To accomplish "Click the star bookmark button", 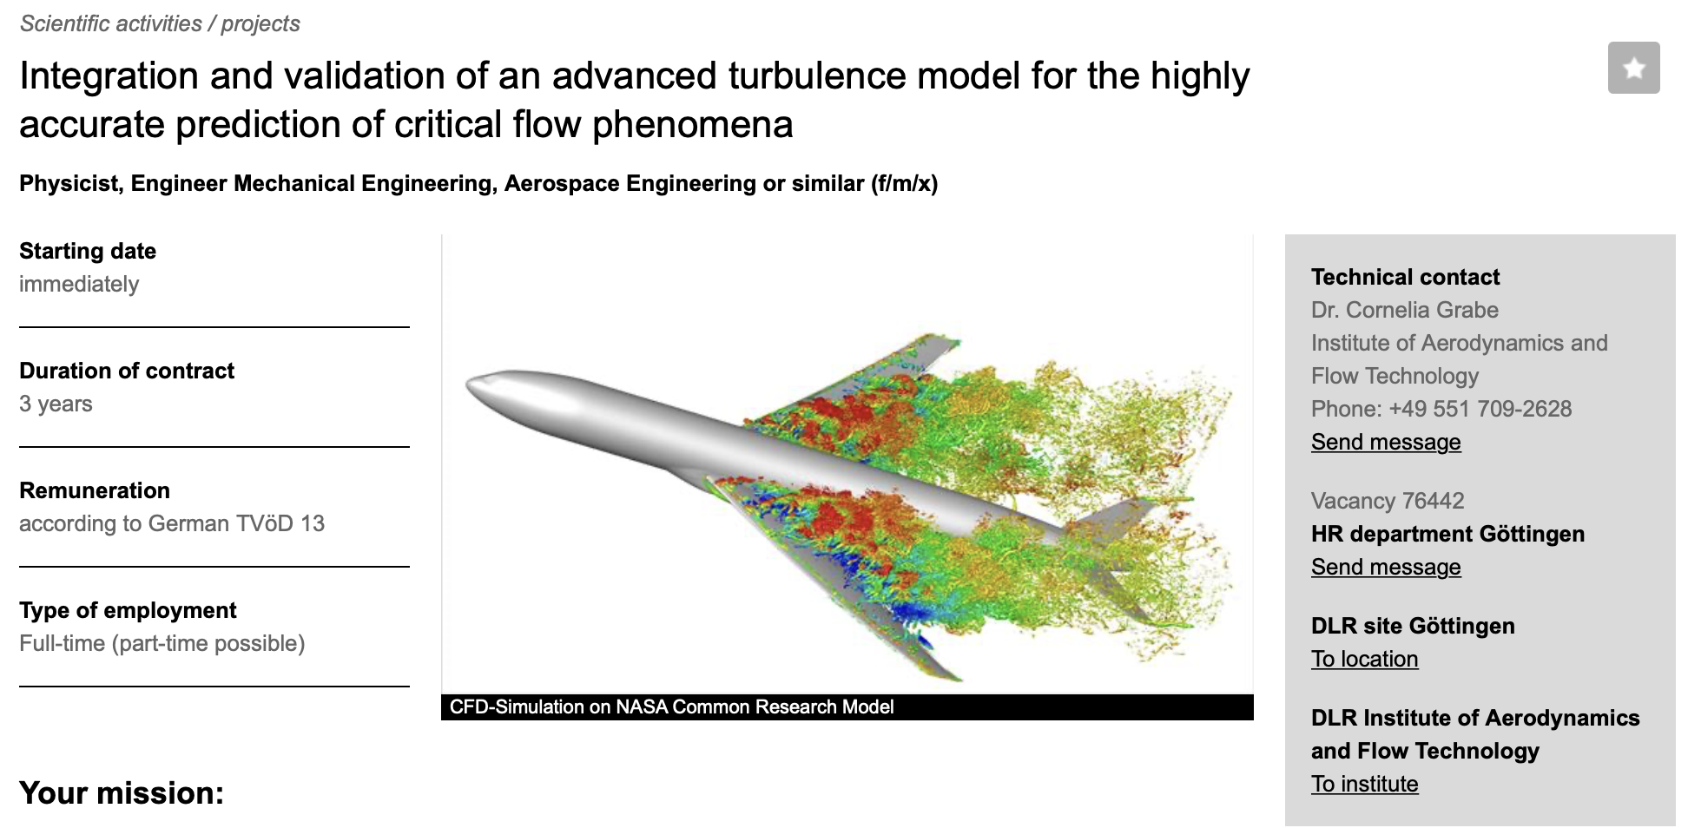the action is pos(1633,68).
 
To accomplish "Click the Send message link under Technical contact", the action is pos(1386,442).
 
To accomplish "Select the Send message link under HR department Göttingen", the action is pos(1386,567).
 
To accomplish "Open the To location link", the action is pos(1364,659).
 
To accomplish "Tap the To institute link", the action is pos(1364,784).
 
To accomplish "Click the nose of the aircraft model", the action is pos(470,384).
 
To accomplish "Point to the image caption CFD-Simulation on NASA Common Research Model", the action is pos(671,707).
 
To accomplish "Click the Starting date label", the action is pos(88,251).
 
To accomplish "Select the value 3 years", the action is pos(56,404).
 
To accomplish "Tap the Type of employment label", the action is pos(128,610).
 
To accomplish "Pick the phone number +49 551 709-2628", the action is pos(1480,409).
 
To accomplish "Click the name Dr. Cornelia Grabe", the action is pos(1405,310).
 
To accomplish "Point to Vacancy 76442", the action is pos(1388,501).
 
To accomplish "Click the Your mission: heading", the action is pos(122,793).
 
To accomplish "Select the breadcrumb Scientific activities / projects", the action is pos(160,23).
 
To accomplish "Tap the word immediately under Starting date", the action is pos(79,284).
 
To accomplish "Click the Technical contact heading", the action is pos(1405,277).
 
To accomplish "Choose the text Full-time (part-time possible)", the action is pos(162,643).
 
